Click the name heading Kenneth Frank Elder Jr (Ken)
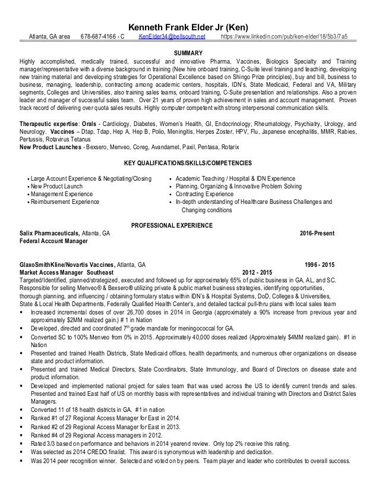point(190,27)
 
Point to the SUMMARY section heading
point(189,53)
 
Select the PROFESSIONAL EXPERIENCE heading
point(189,225)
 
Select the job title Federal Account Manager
point(53,241)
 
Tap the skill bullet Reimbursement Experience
point(66,202)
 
